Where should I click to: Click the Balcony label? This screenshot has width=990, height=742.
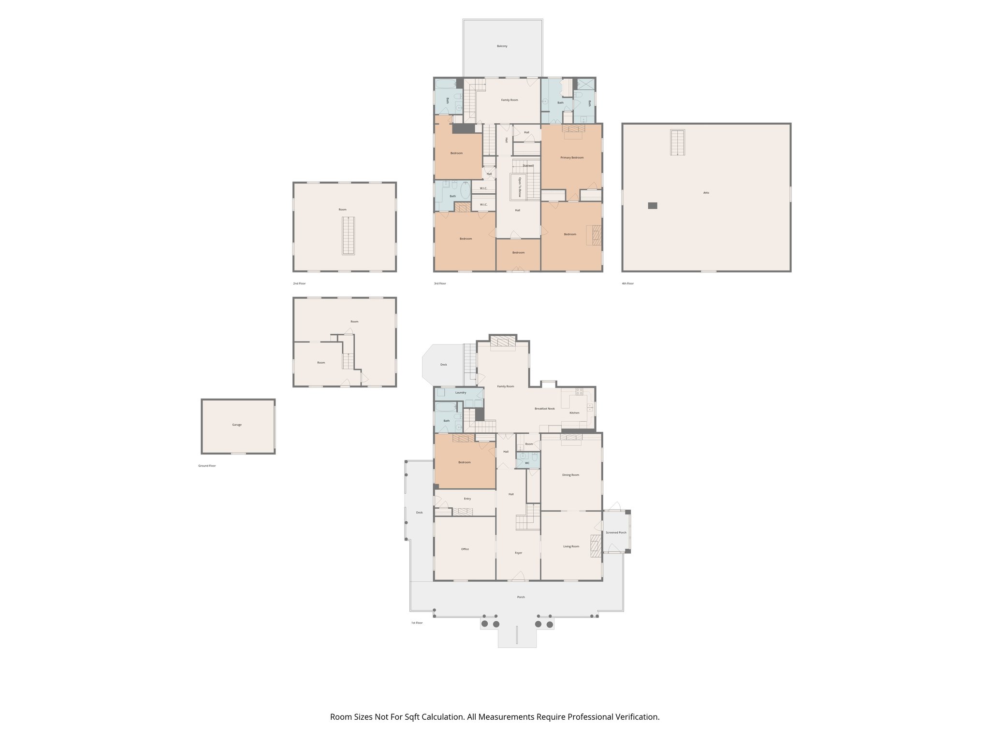[502, 46]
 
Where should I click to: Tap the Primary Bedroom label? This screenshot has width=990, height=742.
[572, 157]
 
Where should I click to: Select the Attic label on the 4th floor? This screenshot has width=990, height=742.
[706, 193]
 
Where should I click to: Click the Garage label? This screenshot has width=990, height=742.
[237, 425]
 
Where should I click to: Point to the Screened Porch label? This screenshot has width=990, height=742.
[616, 532]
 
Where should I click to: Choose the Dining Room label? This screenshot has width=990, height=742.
[570, 475]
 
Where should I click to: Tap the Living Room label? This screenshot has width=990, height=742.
[571, 546]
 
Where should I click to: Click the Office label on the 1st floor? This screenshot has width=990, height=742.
[465, 549]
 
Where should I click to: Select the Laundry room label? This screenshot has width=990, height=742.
[461, 393]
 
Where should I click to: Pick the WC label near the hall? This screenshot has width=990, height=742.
[527, 463]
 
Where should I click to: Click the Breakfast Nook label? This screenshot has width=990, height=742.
[544, 409]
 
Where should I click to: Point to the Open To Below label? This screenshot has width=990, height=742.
[520, 187]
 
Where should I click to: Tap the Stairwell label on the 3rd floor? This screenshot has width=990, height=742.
[528, 166]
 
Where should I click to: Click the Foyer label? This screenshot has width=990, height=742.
[518, 553]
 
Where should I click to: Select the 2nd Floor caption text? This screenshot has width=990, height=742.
[299, 284]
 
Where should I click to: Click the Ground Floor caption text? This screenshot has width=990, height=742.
[207, 466]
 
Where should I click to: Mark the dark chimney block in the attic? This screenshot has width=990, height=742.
[653, 205]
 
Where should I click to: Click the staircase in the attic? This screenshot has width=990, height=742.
[678, 143]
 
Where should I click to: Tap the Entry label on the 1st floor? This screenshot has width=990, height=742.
[467, 499]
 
